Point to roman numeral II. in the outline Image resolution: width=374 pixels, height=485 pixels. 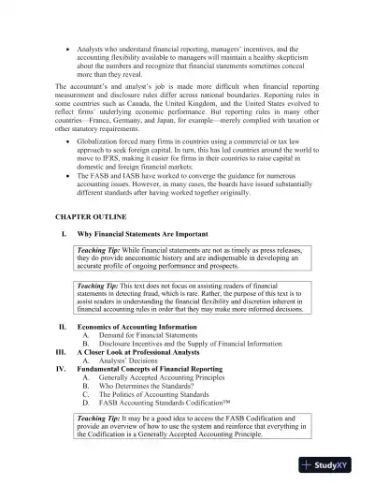[62, 326]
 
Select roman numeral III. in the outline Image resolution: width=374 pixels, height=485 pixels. [61, 351]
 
